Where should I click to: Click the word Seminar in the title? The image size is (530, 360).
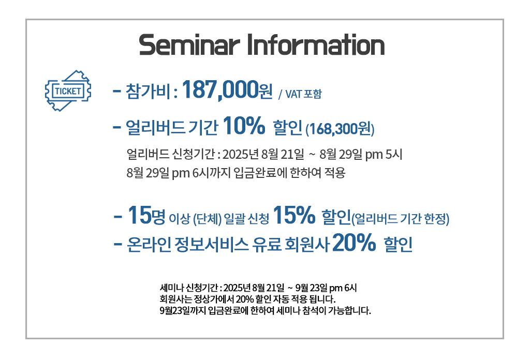coord(189,45)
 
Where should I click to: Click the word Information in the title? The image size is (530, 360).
coord(316,44)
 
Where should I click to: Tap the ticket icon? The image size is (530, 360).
coord(68,91)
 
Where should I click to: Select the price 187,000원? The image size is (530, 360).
coord(227,90)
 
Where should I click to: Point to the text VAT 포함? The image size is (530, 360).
coord(303,94)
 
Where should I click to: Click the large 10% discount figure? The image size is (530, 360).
coord(244,126)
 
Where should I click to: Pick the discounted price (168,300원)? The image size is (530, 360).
coord(340,129)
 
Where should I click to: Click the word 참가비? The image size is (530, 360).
coord(148,91)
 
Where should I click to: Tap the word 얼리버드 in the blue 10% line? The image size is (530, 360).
coord(155,127)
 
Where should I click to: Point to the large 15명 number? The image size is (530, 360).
coord(146,216)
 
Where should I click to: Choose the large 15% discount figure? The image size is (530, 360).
coord(294,216)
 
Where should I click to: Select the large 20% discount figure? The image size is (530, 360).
coord(354,243)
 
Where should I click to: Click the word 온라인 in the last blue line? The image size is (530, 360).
coord(149,244)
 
